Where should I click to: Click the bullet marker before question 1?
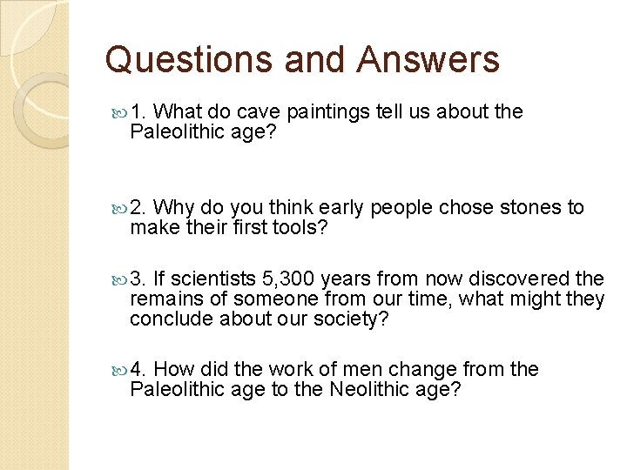[x=120, y=112]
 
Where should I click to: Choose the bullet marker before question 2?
[x=120, y=208]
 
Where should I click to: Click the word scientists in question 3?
[x=213, y=279]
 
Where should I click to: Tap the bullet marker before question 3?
[x=120, y=279]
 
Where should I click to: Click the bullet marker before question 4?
[x=120, y=370]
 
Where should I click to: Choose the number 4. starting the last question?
[x=139, y=370]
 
